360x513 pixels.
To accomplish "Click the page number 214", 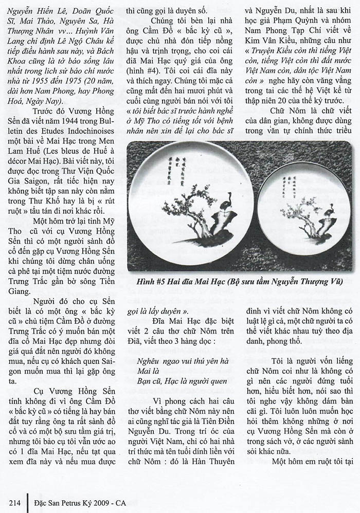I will tap(13, 501).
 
